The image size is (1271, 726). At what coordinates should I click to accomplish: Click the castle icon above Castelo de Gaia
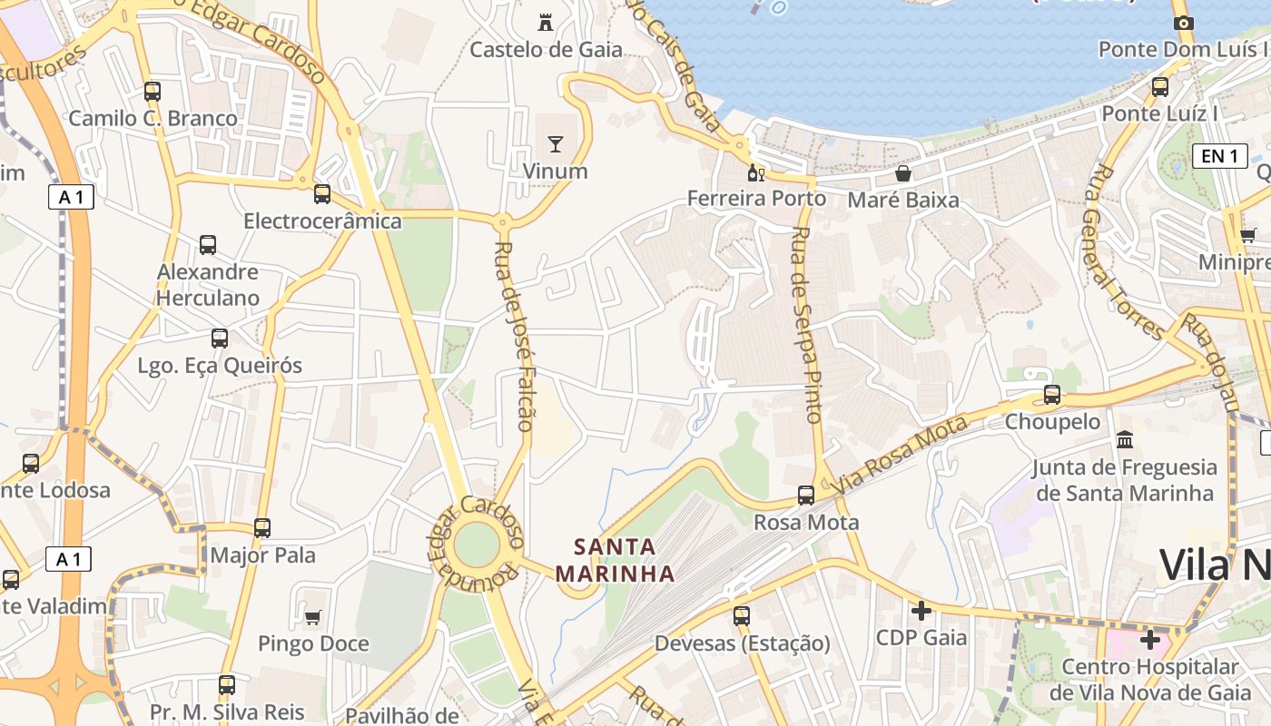click(x=546, y=22)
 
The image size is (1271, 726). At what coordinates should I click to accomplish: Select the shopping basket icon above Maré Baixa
click(x=903, y=172)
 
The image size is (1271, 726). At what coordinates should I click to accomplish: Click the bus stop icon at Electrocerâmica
click(x=322, y=193)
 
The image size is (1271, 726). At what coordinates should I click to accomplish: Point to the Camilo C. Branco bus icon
click(x=153, y=91)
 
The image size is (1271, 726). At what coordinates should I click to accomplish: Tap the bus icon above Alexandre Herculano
click(x=208, y=244)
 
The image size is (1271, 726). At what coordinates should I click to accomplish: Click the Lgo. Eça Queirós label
click(x=220, y=366)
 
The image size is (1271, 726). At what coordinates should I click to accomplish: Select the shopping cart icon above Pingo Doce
click(x=313, y=617)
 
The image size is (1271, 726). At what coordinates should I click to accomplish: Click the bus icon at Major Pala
click(x=262, y=527)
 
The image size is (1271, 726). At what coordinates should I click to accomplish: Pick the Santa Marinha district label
click(x=616, y=560)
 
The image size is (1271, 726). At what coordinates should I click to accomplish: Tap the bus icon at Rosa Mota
click(x=806, y=495)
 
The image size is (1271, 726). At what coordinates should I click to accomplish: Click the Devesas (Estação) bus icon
click(x=742, y=615)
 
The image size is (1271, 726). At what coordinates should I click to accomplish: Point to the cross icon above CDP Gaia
click(x=921, y=610)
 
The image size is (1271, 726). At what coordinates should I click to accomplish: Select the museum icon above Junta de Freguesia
click(x=1126, y=439)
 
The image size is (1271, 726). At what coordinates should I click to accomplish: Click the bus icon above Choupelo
click(x=1052, y=394)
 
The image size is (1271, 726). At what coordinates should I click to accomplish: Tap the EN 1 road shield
click(x=1219, y=156)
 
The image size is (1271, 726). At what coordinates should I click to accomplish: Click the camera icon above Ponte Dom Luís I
click(x=1183, y=23)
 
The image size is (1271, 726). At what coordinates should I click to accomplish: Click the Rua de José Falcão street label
click(x=516, y=336)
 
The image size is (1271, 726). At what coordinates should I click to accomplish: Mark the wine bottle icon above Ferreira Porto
click(x=755, y=172)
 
